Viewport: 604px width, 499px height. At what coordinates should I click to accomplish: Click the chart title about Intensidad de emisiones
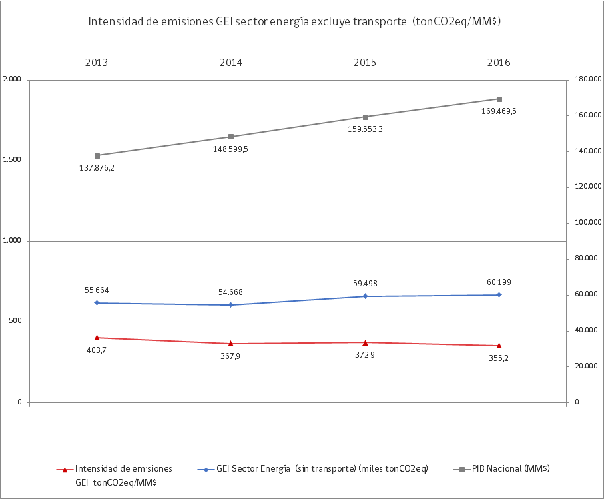pos(295,22)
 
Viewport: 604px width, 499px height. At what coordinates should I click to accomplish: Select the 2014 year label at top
pos(230,63)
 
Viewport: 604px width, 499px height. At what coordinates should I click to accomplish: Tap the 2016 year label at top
pos(498,63)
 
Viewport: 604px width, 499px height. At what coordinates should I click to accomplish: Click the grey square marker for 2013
pos(97,155)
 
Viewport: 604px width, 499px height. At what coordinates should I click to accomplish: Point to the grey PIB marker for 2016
pos(499,99)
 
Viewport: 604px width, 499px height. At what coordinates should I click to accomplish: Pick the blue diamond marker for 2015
pos(365,296)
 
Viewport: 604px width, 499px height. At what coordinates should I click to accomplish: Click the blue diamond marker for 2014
pos(230,305)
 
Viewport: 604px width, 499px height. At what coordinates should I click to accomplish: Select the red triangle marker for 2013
pos(97,338)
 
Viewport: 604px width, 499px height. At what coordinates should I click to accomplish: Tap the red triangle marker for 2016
pos(499,346)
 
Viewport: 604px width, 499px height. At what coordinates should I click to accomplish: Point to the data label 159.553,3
pos(365,129)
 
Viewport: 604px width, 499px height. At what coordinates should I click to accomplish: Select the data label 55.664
pos(97,290)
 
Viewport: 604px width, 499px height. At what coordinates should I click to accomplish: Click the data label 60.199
pos(499,282)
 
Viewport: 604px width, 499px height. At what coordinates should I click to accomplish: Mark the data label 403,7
pos(97,350)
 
